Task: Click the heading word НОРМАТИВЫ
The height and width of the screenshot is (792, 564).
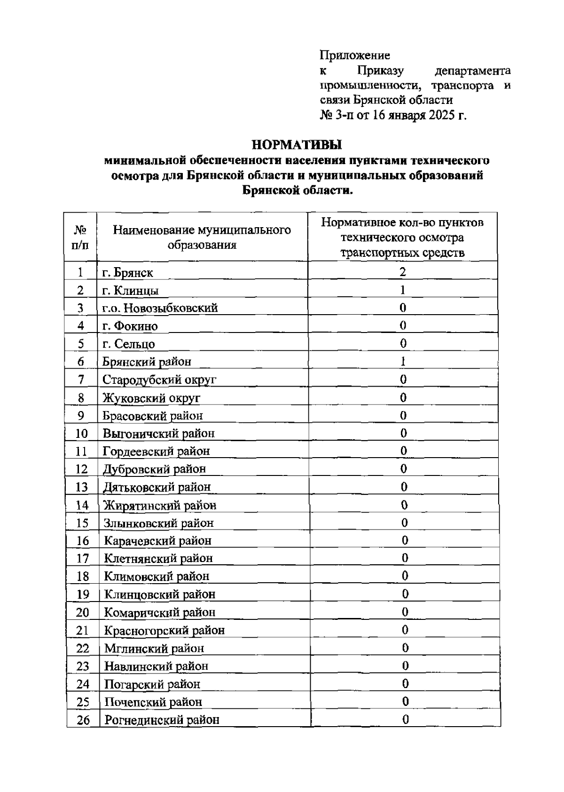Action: coord(296,144)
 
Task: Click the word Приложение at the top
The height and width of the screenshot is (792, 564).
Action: coord(355,55)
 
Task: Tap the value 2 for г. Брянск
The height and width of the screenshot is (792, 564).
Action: coord(403,272)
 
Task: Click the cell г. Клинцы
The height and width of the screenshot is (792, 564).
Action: coord(130,291)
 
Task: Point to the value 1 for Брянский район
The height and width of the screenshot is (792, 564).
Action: coord(403,361)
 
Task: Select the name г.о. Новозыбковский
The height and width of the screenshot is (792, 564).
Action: coord(160,308)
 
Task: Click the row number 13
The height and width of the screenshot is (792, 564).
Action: coord(81,487)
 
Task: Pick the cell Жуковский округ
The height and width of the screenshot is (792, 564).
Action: coord(151,398)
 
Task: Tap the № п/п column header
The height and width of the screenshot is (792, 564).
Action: coord(80,237)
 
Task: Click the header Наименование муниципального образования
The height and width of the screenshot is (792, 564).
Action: coord(202,237)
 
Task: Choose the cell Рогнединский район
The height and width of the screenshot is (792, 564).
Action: coord(162,720)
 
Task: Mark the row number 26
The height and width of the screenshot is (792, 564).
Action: coord(83,720)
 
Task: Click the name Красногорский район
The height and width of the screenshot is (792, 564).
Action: coord(164,630)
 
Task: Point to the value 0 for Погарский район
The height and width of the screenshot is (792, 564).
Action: coord(405,683)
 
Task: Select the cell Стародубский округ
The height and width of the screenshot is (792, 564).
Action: coord(159,380)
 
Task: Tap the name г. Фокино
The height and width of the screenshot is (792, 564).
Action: coord(130,326)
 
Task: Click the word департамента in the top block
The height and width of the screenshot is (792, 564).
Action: coord(472,71)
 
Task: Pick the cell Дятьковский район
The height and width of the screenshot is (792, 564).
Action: coord(157,487)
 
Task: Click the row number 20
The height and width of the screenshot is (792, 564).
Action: coord(82,612)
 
